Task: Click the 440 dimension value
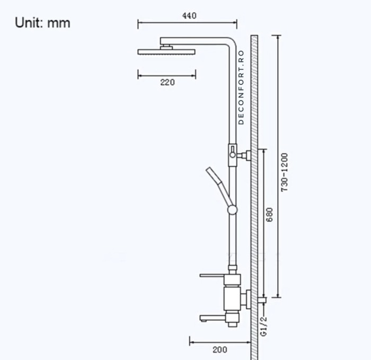(x=189, y=15)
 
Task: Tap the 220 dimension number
(x=167, y=82)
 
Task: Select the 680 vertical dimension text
(x=269, y=215)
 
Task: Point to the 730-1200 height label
(x=284, y=172)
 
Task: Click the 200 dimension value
(x=220, y=349)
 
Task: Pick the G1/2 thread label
(x=263, y=327)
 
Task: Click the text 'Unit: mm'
(x=42, y=23)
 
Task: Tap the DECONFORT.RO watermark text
(x=241, y=87)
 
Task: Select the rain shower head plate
(x=166, y=52)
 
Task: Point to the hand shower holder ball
(x=232, y=210)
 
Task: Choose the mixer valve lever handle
(x=212, y=276)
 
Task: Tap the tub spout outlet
(x=213, y=318)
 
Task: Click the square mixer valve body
(x=232, y=298)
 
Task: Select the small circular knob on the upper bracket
(x=233, y=155)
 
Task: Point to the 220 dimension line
(x=166, y=76)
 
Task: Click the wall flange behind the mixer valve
(x=249, y=300)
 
